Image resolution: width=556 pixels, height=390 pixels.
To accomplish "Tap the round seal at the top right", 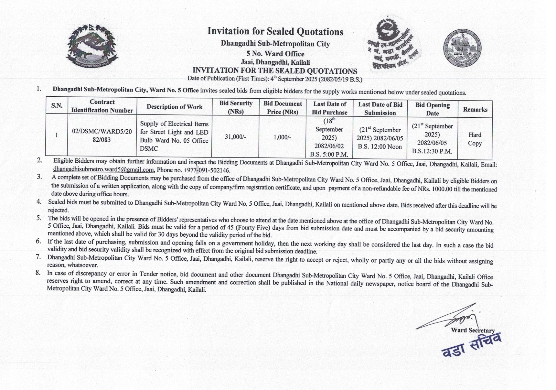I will coord(462,49).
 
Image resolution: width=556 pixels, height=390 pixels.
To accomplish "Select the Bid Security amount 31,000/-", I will coord(235,137).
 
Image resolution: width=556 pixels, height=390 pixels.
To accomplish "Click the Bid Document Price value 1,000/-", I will coord(282,137).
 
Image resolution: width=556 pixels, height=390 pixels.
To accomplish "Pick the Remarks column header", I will coord(475,110).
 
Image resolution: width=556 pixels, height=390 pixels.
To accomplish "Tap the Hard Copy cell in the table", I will coord(475,139).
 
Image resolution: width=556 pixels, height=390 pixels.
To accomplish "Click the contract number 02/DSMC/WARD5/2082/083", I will coord(102,135).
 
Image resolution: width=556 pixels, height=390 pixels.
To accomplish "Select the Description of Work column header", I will coord(175,107).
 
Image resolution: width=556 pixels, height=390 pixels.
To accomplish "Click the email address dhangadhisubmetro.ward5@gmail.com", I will coord(103,170).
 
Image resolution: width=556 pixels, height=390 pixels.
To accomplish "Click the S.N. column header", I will coord(57,106).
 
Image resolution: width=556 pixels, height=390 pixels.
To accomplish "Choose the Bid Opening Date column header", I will coord(433,109).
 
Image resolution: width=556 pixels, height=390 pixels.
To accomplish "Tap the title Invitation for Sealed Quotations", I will coord(275,31).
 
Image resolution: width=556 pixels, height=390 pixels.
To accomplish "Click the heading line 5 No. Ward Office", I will coord(275,54).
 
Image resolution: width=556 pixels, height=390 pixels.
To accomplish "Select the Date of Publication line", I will coord(275,79).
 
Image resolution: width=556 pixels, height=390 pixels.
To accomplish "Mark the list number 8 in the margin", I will coord(38,273).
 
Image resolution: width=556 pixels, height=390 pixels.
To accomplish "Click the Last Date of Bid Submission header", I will coord(380,109).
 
